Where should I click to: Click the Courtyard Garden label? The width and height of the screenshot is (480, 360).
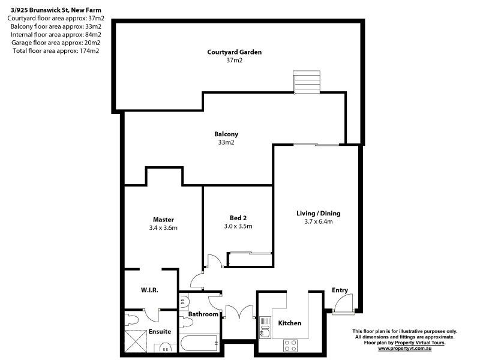235,52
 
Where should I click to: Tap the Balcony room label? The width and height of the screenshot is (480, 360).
226,134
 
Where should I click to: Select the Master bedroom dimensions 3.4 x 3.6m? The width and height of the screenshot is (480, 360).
163,228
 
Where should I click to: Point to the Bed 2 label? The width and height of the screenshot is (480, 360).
238,217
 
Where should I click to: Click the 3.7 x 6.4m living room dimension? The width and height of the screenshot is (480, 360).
314,221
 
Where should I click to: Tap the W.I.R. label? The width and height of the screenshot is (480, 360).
149,290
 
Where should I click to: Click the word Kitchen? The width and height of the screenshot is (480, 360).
289,323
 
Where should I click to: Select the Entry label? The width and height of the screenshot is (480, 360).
340,290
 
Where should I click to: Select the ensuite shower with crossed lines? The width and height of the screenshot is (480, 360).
137,341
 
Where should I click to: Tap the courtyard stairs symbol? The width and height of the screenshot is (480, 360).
307,82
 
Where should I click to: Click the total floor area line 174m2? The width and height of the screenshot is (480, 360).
56,50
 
